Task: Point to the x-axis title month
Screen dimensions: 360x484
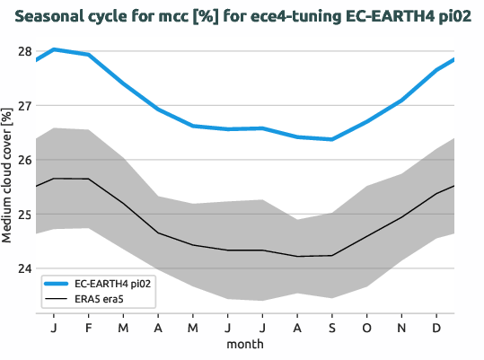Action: tap(245, 345)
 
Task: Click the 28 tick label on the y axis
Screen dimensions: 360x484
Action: tap(23, 51)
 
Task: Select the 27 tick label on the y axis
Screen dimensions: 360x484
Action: tap(23, 106)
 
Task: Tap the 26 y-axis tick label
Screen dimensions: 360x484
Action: tap(23, 160)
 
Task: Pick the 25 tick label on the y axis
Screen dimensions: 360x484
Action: tap(23, 215)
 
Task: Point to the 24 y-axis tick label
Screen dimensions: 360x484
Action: tap(23, 268)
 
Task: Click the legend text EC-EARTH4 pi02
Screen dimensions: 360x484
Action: tap(111, 284)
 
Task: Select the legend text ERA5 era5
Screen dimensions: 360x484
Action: tap(99, 298)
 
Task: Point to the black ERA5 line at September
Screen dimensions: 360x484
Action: tap(332, 256)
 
